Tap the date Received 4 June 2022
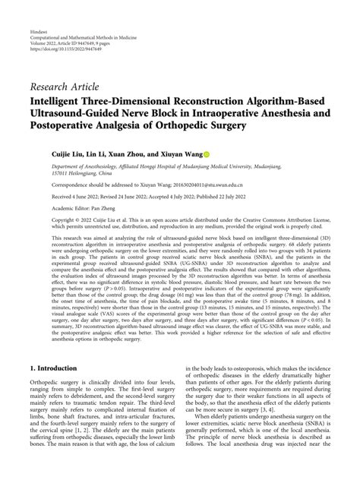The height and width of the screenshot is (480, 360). (58, 194)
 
